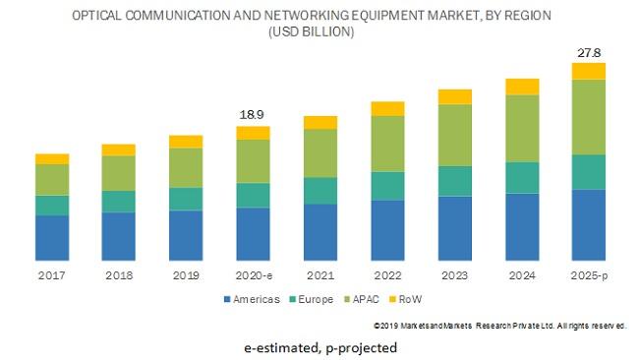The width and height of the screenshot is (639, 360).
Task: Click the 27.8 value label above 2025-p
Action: click(589, 51)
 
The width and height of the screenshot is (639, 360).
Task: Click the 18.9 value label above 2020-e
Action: click(253, 115)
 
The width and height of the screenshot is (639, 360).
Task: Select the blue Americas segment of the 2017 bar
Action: click(52, 237)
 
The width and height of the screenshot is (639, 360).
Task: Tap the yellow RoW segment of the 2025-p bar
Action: click(589, 70)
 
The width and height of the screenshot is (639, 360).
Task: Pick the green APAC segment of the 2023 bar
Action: click(454, 135)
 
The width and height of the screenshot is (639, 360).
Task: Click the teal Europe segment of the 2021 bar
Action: click(319, 190)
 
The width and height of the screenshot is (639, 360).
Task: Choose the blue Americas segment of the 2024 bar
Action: click(522, 226)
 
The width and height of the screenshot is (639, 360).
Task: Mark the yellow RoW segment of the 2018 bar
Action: click(119, 150)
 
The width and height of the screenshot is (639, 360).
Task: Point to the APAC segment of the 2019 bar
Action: click(186, 167)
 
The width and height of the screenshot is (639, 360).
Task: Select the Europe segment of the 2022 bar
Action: click(387, 186)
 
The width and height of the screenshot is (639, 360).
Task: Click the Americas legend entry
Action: click(253, 299)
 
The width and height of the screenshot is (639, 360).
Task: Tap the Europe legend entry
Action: click(314, 299)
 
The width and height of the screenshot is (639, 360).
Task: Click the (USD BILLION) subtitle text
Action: click(311, 32)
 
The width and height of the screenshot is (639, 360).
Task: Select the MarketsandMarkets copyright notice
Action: click(499, 326)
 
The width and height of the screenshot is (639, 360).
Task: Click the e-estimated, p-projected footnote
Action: click(320, 347)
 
